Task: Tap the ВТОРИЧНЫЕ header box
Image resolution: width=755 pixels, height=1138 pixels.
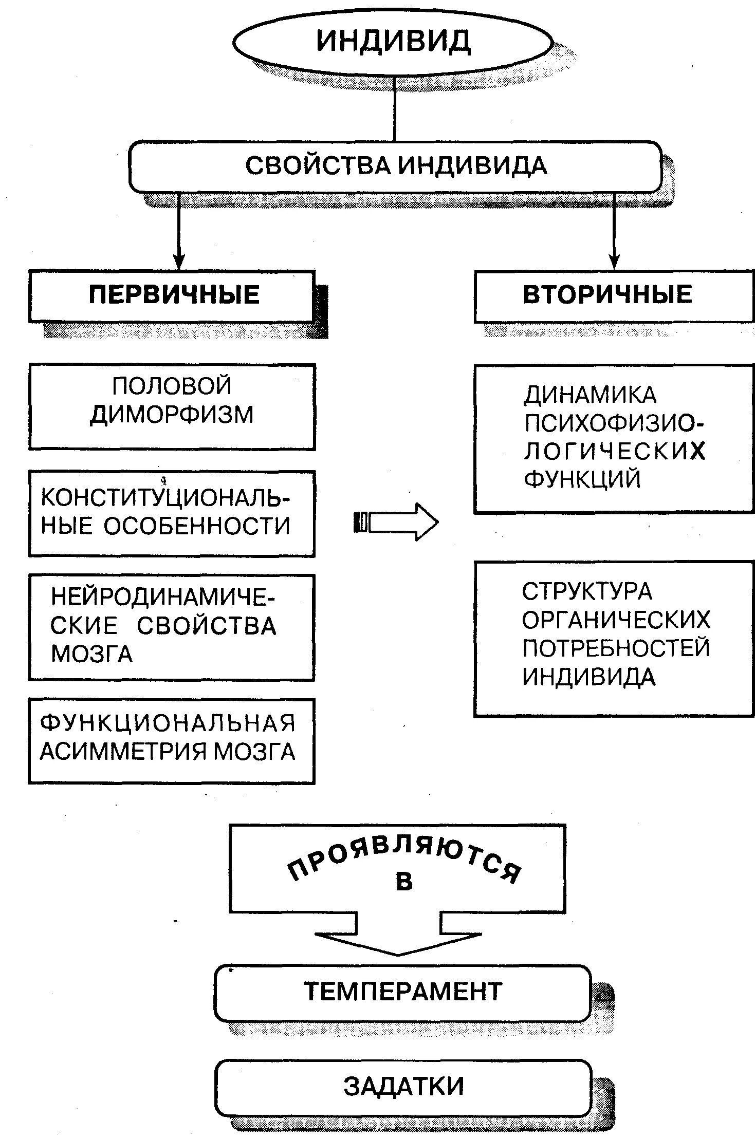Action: coord(614,296)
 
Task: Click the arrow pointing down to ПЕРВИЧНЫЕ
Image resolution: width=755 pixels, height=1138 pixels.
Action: coord(178,231)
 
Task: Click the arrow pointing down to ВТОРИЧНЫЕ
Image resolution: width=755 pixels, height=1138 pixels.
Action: coord(614,231)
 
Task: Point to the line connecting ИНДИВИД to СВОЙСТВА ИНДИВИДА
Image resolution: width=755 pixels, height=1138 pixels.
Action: coord(394,108)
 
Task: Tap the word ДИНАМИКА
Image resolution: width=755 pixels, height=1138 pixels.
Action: coord(590,395)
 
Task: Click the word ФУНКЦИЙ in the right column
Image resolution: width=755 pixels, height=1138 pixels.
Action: coord(582,479)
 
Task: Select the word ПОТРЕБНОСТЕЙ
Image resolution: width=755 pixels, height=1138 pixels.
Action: coord(616,648)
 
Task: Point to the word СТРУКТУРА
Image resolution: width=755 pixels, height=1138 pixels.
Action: coord(587,592)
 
